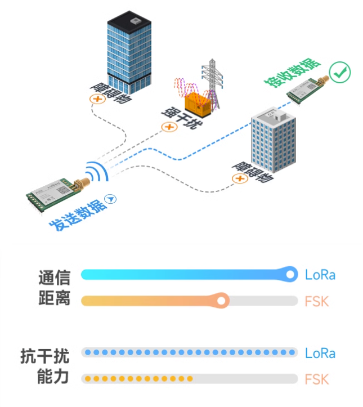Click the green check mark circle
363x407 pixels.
340,72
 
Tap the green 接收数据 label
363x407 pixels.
293,73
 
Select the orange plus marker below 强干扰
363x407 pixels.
168,127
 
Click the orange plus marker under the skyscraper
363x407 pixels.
98,100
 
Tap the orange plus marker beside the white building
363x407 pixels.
240,179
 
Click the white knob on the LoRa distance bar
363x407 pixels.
290,275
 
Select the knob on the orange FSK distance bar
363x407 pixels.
222,301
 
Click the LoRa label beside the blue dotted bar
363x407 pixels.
320,354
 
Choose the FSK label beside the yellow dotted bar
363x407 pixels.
317,379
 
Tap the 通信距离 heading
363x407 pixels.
54,288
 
